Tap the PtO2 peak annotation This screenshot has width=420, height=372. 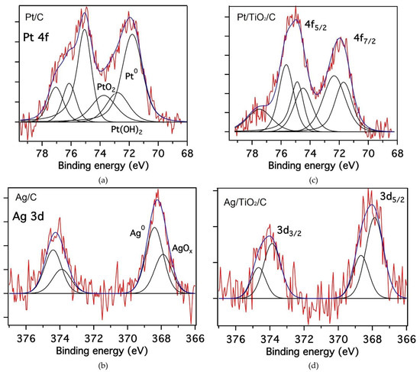pos(105,89)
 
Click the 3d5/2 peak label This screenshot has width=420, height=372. pos(392,197)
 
